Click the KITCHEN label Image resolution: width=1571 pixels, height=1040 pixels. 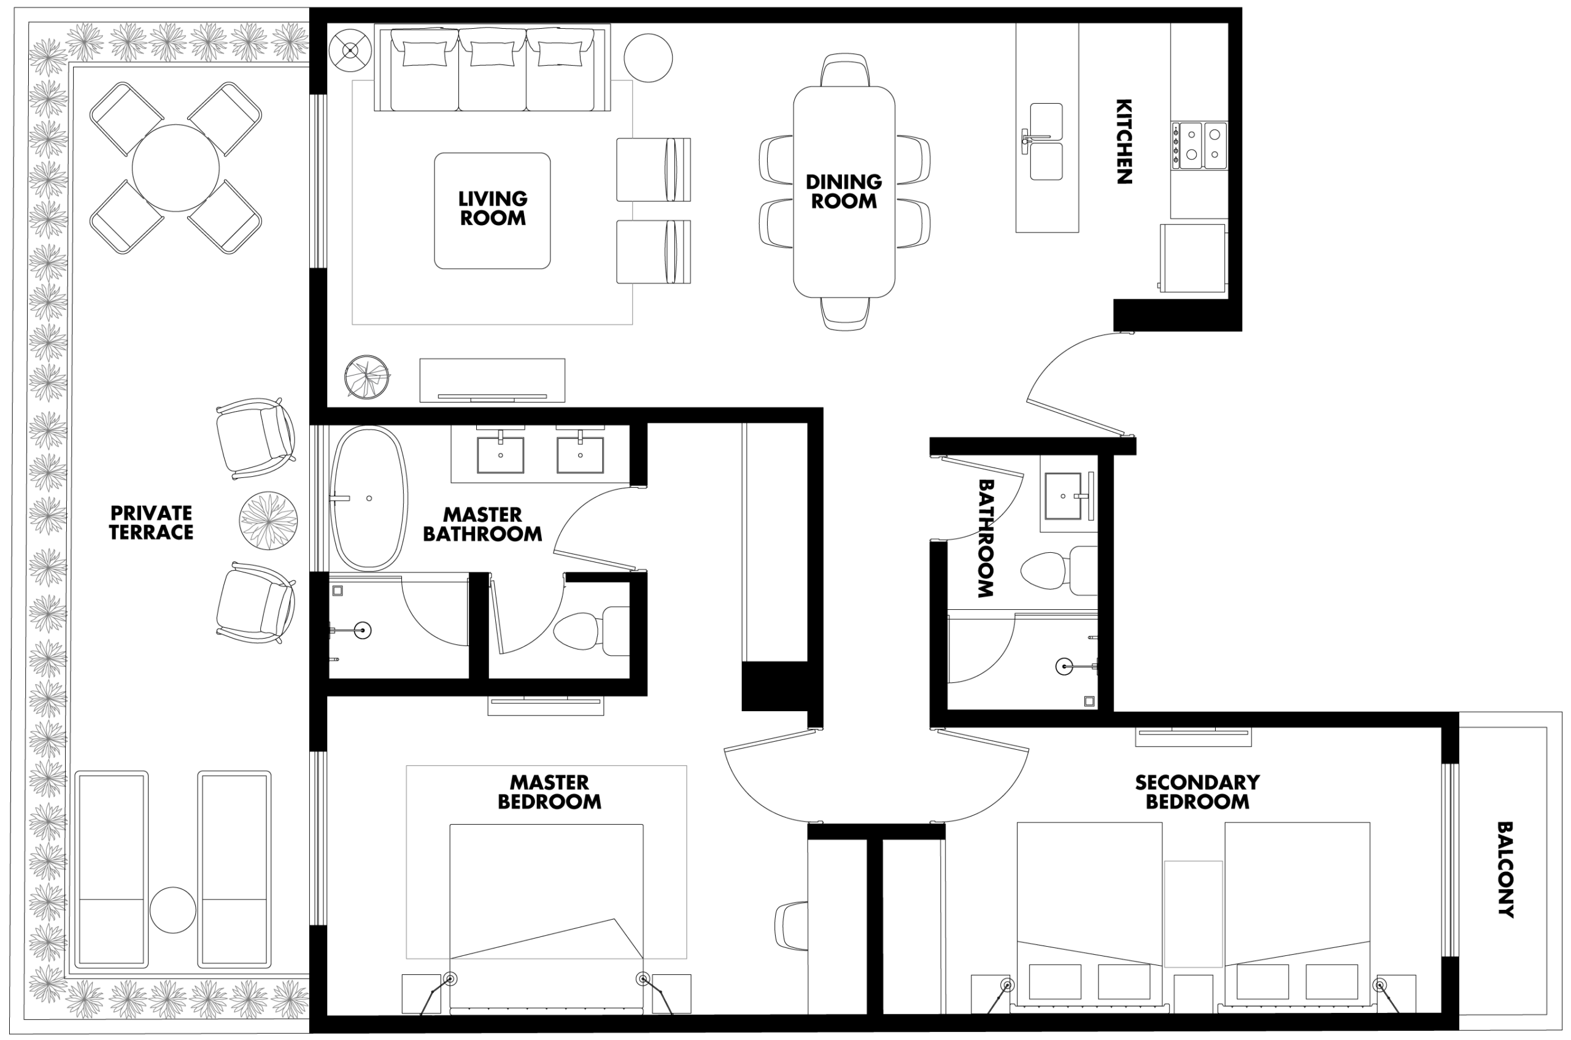click(1123, 141)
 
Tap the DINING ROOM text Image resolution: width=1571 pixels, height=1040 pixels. click(844, 191)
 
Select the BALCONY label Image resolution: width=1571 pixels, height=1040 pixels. click(1505, 869)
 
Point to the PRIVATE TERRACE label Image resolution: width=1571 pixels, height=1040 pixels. click(151, 523)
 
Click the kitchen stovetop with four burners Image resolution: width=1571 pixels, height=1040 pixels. click(1200, 145)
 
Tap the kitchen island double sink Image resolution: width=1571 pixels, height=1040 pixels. click(1046, 141)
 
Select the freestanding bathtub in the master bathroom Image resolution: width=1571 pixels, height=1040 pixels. click(368, 498)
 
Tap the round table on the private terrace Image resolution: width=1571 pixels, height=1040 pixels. click(176, 168)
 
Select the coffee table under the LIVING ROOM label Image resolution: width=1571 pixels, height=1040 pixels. click(492, 211)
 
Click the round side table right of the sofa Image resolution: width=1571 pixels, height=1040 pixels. click(648, 58)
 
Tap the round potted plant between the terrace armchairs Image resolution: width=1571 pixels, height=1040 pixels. click(268, 521)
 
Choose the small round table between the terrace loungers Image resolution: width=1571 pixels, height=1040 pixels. click(172, 910)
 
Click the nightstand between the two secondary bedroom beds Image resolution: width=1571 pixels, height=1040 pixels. click(1193, 993)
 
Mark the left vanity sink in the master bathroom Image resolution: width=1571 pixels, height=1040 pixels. click(501, 454)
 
